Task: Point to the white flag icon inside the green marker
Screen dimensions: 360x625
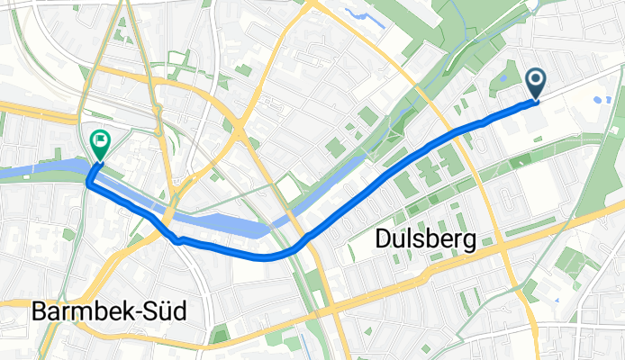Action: [x=99, y=139]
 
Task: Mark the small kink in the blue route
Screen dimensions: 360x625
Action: [x=179, y=240]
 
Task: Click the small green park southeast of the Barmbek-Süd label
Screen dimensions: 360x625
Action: [x=220, y=337]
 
